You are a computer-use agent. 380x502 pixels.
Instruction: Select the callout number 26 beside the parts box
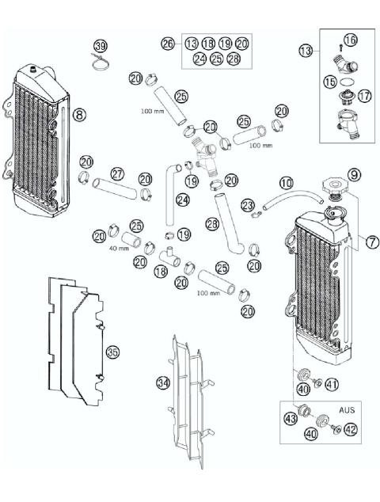pos(168,44)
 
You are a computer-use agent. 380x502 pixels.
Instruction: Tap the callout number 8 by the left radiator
pos(79,115)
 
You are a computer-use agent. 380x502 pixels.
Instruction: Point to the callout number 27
pos(116,173)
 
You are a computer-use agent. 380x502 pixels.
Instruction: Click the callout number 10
pos(286,182)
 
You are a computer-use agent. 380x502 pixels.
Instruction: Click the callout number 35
pos(113,352)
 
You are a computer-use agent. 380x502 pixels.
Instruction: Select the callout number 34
pos(162,382)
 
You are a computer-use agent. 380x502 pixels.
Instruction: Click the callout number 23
pos(249,206)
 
